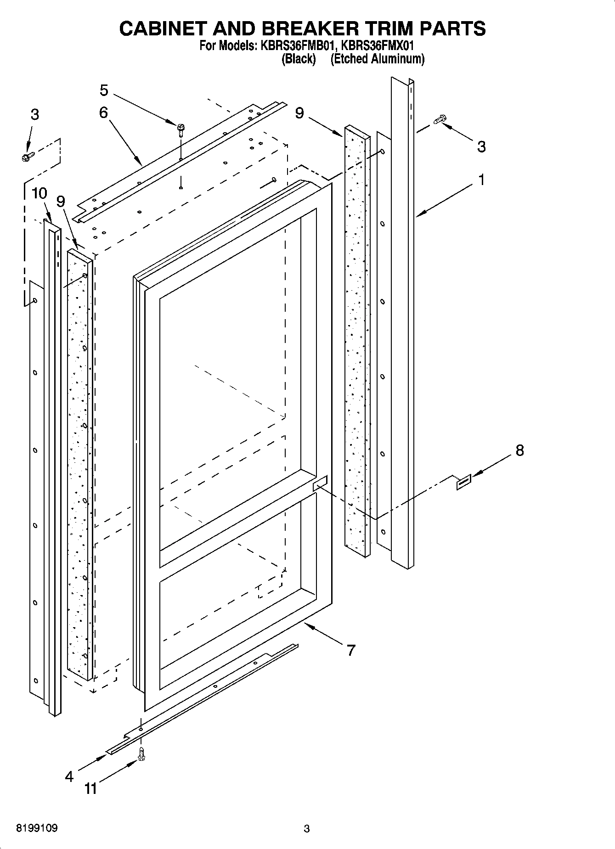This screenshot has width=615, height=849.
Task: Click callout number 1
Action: click(x=481, y=180)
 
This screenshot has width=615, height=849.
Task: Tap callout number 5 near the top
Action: click(x=104, y=90)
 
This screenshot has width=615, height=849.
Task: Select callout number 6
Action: click(x=103, y=112)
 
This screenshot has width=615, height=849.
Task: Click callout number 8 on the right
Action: click(x=519, y=450)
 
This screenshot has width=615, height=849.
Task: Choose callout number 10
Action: click(x=39, y=193)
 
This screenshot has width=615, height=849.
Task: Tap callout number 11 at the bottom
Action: click(x=91, y=789)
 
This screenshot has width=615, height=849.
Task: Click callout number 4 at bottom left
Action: click(x=69, y=776)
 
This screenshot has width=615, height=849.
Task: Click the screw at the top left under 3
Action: click(x=27, y=157)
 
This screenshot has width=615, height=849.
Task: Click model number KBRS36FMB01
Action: click(x=294, y=46)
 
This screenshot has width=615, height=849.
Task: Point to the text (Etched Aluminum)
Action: click(x=377, y=59)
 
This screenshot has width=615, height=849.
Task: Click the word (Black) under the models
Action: click(x=299, y=59)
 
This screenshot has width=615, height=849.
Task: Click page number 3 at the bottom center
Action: click(x=306, y=829)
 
